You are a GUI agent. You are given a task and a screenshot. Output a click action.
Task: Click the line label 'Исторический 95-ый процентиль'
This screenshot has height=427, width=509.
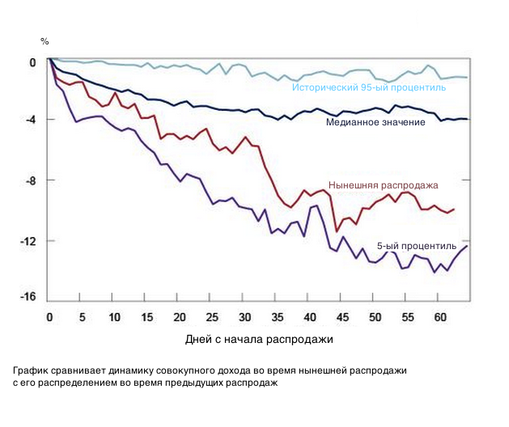tap(369, 87)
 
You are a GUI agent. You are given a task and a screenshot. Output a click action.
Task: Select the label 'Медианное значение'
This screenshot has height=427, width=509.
tap(375, 122)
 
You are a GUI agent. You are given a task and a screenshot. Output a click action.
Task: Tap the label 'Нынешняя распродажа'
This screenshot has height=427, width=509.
tap(383, 185)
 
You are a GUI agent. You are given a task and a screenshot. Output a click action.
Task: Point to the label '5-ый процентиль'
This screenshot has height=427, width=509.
tap(417, 245)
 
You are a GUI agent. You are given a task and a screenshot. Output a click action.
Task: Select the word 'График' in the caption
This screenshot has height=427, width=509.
tap(31, 370)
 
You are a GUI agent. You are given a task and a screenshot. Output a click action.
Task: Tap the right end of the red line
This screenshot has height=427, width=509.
tap(454, 209)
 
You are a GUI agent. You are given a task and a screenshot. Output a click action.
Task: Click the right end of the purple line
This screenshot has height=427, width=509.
tap(467, 246)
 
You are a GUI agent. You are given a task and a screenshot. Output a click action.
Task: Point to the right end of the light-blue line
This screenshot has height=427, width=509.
tap(468, 78)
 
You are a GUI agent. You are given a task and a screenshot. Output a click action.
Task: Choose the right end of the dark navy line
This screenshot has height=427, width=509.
tap(468, 120)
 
